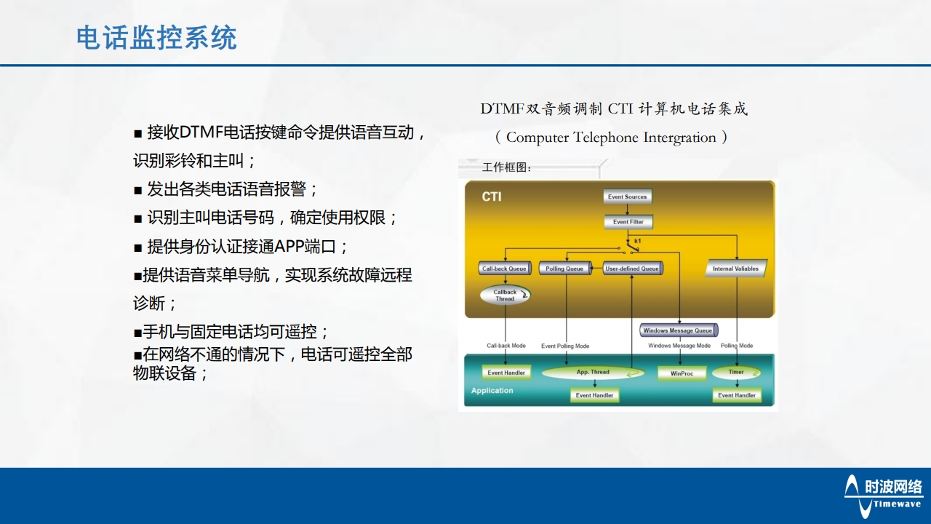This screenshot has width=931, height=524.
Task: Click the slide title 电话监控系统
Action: click(156, 38)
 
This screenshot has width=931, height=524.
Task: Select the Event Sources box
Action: click(627, 196)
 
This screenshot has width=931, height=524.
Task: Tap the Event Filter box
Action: click(628, 222)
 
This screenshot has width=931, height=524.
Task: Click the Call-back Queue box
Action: click(505, 269)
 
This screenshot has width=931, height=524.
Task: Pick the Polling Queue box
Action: click(565, 269)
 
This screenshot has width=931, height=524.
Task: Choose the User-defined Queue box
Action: click(632, 269)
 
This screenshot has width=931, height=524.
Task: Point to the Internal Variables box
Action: click(735, 269)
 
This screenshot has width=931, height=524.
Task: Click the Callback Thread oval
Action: click(505, 295)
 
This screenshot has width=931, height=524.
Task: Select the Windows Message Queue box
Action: click(678, 330)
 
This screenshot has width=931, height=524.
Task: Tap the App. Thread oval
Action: click(594, 373)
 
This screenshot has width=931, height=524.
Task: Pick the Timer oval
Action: click(736, 373)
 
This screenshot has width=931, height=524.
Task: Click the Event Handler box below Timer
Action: click(737, 395)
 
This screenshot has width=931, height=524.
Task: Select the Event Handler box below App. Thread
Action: click(594, 395)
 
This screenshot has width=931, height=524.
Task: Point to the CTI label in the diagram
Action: click(492, 197)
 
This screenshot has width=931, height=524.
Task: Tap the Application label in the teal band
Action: click(492, 391)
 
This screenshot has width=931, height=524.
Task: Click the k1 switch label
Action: click(638, 241)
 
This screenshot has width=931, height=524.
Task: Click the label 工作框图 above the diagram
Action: click(507, 168)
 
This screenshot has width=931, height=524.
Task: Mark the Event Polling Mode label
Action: click(565, 346)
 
